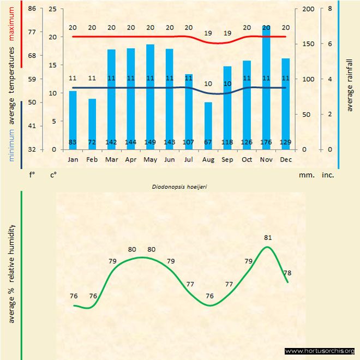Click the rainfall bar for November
266,87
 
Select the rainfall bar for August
208,125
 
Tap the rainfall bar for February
92,124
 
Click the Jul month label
189,159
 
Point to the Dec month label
285,159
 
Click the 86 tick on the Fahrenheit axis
32,9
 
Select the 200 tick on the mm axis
308,9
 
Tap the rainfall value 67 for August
208,142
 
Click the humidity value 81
267,238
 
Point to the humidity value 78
287,273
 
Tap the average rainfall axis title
350,85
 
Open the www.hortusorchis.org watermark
320,351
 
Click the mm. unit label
306,176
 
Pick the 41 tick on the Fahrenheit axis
32,126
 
